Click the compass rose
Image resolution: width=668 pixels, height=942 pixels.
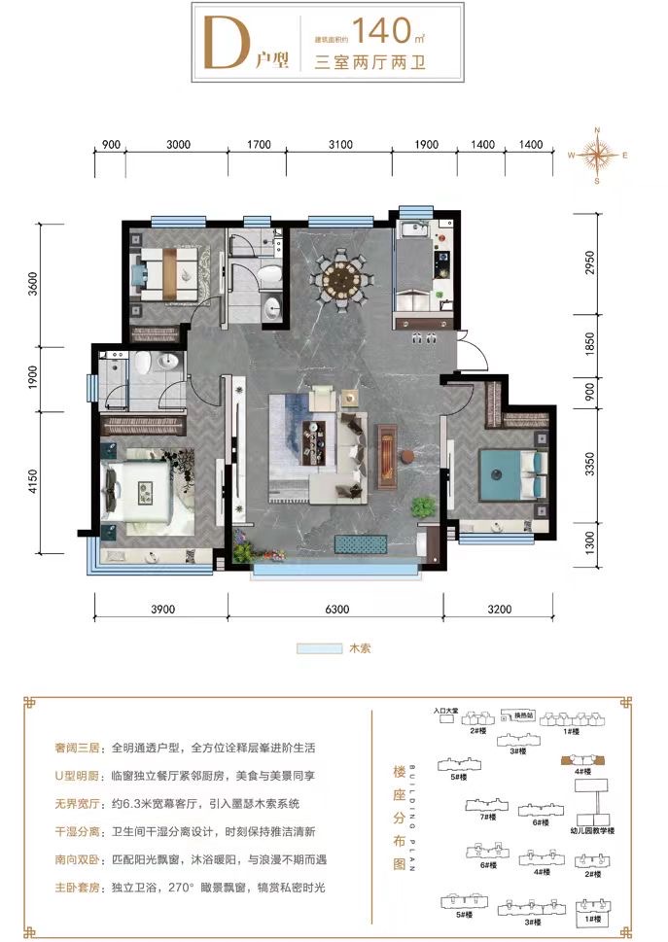pos(600,155)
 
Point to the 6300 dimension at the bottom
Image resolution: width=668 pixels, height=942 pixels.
pos(334,610)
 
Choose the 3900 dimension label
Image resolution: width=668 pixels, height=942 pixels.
pos(161,610)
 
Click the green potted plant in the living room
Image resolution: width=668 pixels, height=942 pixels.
pos(423,506)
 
